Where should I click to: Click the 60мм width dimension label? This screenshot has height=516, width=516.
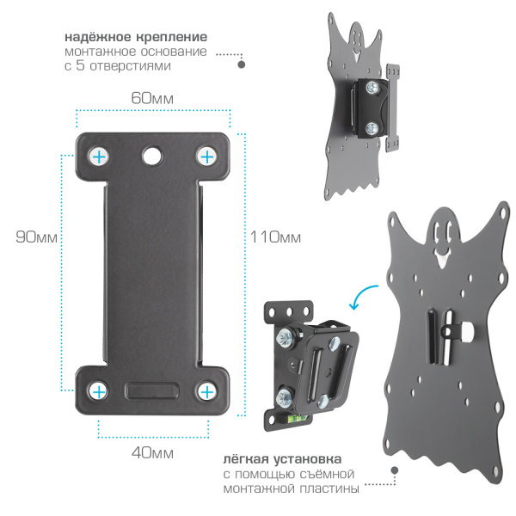152,98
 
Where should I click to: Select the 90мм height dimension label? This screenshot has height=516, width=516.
36,237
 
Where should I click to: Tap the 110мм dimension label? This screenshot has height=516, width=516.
275,237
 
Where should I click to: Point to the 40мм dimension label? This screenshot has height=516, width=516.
152,453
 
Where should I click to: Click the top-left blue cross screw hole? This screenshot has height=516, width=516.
99,157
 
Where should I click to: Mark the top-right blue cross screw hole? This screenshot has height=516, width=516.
206,157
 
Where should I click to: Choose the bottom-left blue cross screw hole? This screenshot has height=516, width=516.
98,391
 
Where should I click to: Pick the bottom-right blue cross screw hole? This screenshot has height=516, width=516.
206,391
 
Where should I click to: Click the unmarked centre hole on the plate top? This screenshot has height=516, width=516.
152,156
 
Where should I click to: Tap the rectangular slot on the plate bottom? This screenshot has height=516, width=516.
152,390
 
